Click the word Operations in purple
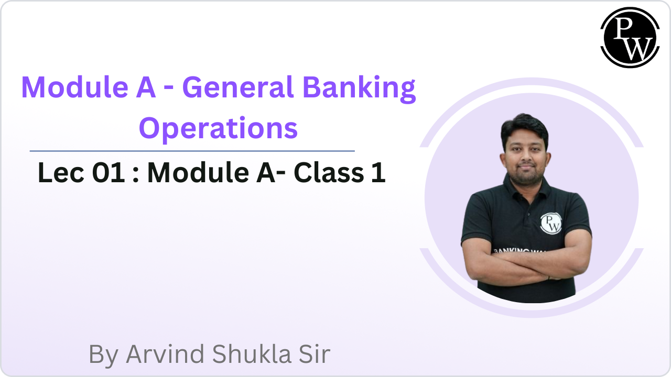coord(218,128)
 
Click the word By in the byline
coord(104,355)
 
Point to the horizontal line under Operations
coord(192,151)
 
